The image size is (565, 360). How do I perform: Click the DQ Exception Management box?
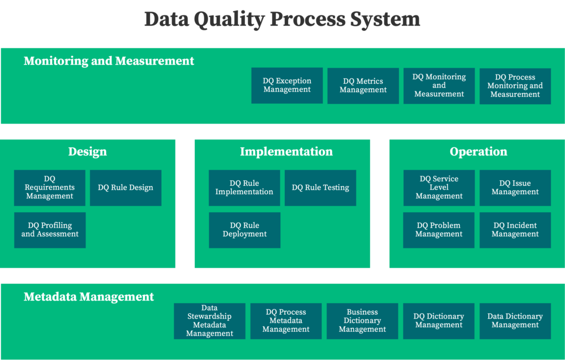pos(287,85)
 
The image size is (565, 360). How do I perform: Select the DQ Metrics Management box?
pos(363,85)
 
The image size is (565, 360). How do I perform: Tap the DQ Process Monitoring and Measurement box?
pos(515,86)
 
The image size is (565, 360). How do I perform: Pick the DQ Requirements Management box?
pos(50,187)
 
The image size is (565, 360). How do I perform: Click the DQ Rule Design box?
pos(125,187)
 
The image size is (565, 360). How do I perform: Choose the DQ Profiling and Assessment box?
pos(50,230)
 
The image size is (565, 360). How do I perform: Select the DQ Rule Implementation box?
pos(244,187)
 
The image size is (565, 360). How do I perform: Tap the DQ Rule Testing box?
pos(321,187)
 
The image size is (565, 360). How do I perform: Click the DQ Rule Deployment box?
pos(244,230)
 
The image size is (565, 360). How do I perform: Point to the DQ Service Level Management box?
pos(439,187)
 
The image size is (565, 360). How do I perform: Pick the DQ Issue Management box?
pos(515,187)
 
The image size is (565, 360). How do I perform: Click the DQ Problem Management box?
pos(439,230)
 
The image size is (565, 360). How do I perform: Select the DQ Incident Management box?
pos(515,230)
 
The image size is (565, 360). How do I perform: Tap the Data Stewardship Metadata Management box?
pos(209,321)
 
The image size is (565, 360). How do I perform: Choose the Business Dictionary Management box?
pos(362,321)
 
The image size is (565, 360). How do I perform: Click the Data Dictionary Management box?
pos(515,321)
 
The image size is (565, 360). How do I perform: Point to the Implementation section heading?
pos(286,152)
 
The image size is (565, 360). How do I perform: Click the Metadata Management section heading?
pos(89,297)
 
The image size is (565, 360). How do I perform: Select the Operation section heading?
pos(478,152)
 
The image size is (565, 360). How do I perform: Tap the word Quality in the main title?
pos(229,19)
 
